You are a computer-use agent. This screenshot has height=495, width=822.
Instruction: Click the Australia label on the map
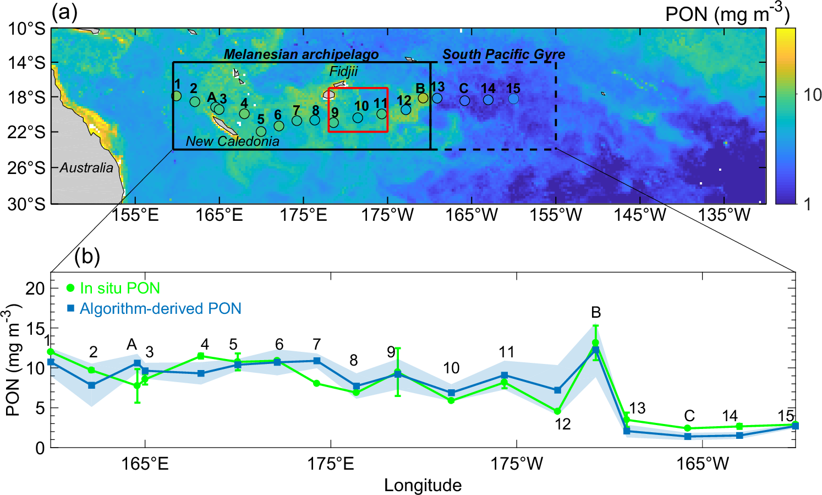point(86,167)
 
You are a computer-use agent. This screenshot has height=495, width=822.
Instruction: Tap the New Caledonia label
point(232,142)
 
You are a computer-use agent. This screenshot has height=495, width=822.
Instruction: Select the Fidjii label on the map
point(343,72)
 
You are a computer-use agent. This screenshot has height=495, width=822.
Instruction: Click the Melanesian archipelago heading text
point(301,55)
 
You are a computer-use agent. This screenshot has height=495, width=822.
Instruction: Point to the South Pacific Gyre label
point(503,55)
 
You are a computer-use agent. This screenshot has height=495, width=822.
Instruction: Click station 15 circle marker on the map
point(513,99)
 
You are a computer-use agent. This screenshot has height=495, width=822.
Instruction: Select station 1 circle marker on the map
point(176,96)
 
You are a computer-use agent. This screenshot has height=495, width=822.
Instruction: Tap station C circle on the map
point(465,101)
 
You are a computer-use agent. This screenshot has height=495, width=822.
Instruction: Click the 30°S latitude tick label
point(26,204)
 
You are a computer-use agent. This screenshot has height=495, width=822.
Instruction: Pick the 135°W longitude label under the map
point(724,215)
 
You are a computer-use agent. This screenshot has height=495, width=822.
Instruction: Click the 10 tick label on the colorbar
point(812,95)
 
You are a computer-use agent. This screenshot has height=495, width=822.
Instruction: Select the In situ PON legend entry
point(113,288)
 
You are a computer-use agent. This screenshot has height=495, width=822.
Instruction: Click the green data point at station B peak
point(595,343)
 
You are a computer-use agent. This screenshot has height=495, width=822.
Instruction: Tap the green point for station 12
point(557,411)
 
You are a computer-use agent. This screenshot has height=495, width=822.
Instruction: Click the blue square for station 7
point(317,361)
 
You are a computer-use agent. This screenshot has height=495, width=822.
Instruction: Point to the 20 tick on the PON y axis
point(35,288)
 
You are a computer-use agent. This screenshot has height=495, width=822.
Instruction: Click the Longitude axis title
point(423,485)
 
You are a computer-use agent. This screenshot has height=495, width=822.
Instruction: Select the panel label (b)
point(87,256)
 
